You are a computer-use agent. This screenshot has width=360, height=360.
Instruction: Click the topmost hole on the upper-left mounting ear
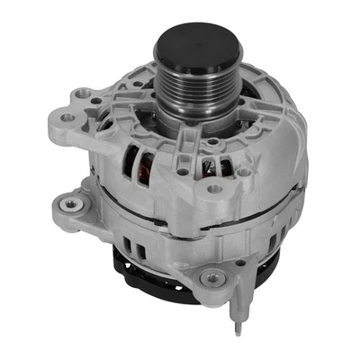(85, 94)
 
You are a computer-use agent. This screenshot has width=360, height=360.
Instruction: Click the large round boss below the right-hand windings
(214, 190)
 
